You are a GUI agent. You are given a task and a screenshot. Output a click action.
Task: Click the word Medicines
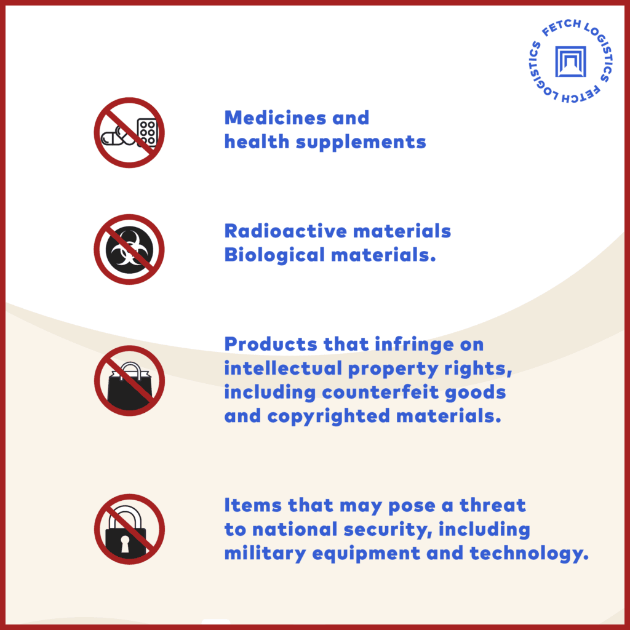(x=275, y=118)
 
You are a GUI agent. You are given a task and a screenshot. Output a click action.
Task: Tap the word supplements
(x=361, y=143)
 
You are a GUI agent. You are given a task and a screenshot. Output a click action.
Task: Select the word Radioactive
(x=285, y=231)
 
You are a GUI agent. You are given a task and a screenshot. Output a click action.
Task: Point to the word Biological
(x=274, y=255)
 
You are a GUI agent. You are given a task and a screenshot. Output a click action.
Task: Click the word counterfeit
(x=380, y=393)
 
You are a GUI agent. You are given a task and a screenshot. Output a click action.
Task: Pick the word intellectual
(x=283, y=368)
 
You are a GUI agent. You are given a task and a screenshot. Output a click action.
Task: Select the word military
(x=265, y=554)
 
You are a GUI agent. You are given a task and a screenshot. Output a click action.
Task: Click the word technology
(x=528, y=554)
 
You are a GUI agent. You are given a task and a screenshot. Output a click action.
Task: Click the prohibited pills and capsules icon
(x=129, y=133)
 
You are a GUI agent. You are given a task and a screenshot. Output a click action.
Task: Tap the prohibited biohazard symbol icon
(x=129, y=250)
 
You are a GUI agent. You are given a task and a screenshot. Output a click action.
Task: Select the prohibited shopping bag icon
(x=129, y=380)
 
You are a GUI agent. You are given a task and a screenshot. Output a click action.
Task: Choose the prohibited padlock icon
(x=129, y=529)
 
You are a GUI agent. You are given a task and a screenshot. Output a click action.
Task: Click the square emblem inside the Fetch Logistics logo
(x=570, y=62)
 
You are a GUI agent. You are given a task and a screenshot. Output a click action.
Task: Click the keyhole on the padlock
(x=125, y=544)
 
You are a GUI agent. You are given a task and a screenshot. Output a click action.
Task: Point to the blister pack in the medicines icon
(x=147, y=132)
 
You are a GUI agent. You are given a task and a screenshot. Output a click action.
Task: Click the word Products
(x=271, y=345)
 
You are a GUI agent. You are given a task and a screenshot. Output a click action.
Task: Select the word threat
(x=493, y=506)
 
